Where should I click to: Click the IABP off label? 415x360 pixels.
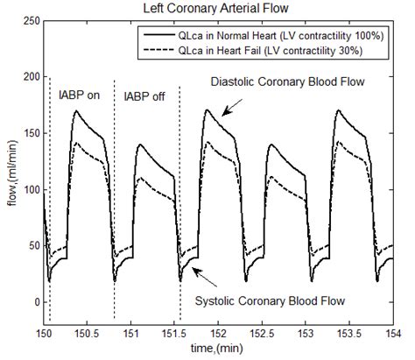click(x=145, y=96)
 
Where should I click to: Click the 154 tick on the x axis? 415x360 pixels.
click(x=393, y=334)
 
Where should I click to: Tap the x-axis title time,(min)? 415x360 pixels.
click(x=219, y=349)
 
